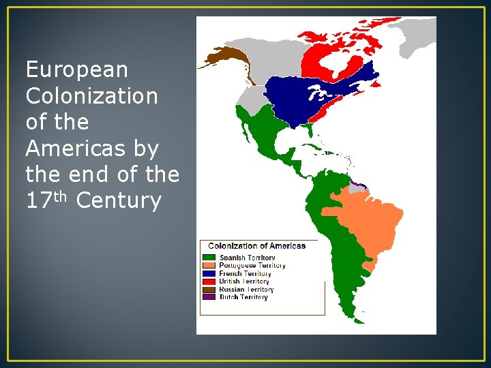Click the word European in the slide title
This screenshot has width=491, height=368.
(x=76, y=70)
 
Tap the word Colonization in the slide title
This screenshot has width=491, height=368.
(x=91, y=96)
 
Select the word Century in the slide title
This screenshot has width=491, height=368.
(x=119, y=201)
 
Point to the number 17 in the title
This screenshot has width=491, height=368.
(x=38, y=201)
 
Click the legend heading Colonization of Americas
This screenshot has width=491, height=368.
(x=256, y=246)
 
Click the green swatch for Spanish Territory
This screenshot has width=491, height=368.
(x=209, y=258)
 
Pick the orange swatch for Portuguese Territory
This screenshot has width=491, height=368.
(x=209, y=266)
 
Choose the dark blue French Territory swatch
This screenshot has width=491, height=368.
(x=209, y=273)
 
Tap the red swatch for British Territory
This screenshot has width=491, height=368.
(x=209, y=281)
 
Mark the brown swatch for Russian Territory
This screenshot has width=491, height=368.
(x=209, y=290)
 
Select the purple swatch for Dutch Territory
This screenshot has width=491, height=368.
(x=209, y=297)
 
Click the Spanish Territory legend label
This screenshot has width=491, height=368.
(x=247, y=258)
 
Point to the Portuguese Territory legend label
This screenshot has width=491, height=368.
(x=252, y=266)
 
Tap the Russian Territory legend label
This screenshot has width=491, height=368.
(x=245, y=290)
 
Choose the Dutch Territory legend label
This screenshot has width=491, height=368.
(x=243, y=297)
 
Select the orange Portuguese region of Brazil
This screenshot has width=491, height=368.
(x=368, y=218)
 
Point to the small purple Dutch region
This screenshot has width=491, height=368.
(x=359, y=183)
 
